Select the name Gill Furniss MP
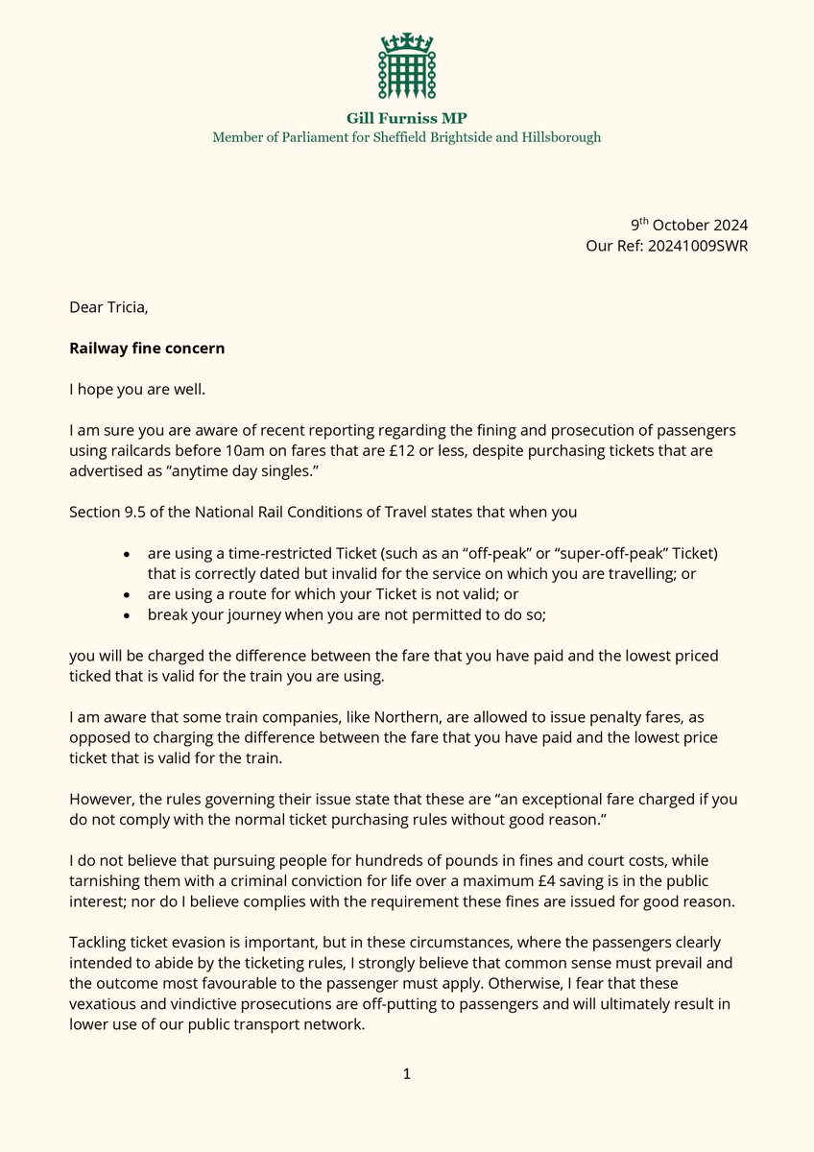click(406, 118)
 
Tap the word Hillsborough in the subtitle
click(561, 137)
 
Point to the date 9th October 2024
click(688, 225)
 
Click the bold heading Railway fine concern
click(147, 348)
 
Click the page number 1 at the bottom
click(407, 1073)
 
